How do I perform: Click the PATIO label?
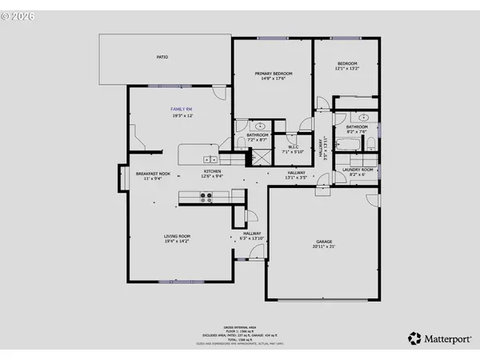point(162,57)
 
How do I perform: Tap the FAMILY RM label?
point(181,108)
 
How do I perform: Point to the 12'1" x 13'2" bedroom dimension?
point(347,70)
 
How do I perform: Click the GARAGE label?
point(323,240)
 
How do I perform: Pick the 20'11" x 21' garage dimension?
point(323,246)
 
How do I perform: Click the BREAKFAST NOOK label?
point(153,174)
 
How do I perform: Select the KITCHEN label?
point(212,171)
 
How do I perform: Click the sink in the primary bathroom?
point(261,126)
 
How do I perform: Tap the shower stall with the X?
point(261,156)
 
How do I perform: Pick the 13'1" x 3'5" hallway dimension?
point(296,178)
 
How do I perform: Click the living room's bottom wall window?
point(174,281)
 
